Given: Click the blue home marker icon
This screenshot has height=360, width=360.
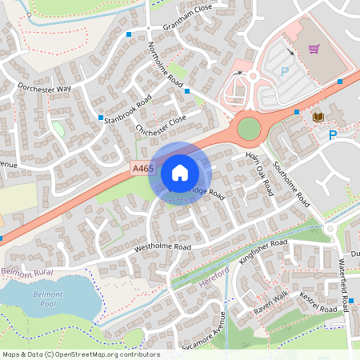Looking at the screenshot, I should coord(180,173).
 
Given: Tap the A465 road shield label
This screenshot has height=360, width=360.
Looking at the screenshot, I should coord(141,168).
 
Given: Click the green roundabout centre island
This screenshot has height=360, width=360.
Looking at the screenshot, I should coord(249,128).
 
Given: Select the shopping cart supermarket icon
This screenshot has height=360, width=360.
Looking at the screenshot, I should coord(314,49).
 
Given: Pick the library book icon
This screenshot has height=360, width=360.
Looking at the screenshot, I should coord(318,117).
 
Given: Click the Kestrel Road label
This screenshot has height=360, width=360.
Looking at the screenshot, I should coord(319,303).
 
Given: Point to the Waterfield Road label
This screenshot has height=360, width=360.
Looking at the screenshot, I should coord(345,285).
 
